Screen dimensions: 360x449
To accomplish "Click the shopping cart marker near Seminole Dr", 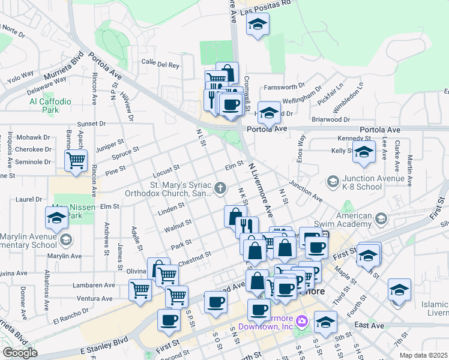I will [x=76, y=160].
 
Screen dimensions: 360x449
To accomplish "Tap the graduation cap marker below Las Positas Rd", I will [x=258, y=25].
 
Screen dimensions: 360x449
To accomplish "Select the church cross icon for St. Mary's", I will [x=221, y=189].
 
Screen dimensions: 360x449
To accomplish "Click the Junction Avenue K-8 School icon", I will [x=332, y=181].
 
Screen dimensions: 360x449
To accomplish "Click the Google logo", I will [x=19, y=353].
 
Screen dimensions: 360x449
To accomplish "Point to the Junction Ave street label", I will [x=306, y=191].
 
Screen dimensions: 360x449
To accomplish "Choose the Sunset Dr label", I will [x=91, y=123].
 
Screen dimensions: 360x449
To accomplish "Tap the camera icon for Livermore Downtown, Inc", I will [x=301, y=322].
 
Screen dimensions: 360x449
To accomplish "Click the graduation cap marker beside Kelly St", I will [x=363, y=153].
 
